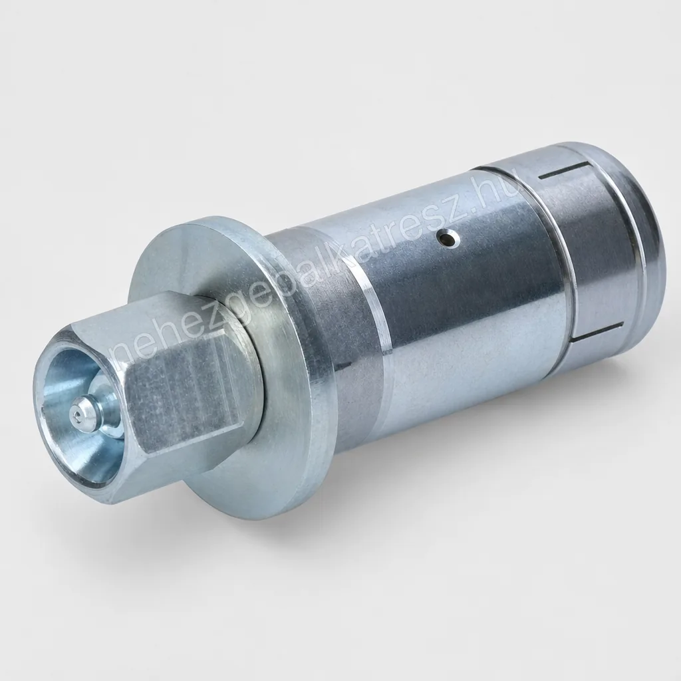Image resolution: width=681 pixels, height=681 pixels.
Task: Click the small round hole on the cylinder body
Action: (448, 238)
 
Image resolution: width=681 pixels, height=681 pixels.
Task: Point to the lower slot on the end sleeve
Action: (598, 330)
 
